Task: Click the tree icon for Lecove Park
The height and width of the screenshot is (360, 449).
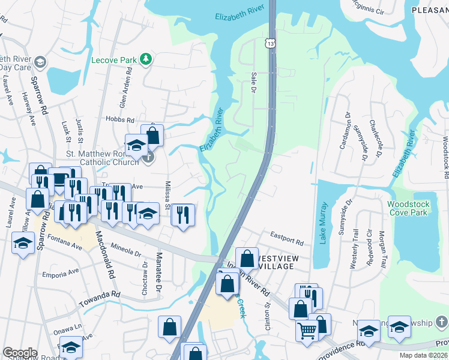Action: click(145, 59)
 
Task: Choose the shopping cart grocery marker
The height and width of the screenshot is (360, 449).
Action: click(307, 329)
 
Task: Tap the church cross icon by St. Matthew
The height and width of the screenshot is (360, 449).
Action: click(148, 157)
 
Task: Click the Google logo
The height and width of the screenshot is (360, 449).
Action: click(20, 352)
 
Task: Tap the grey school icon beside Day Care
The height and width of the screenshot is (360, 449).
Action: click(40, 62)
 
